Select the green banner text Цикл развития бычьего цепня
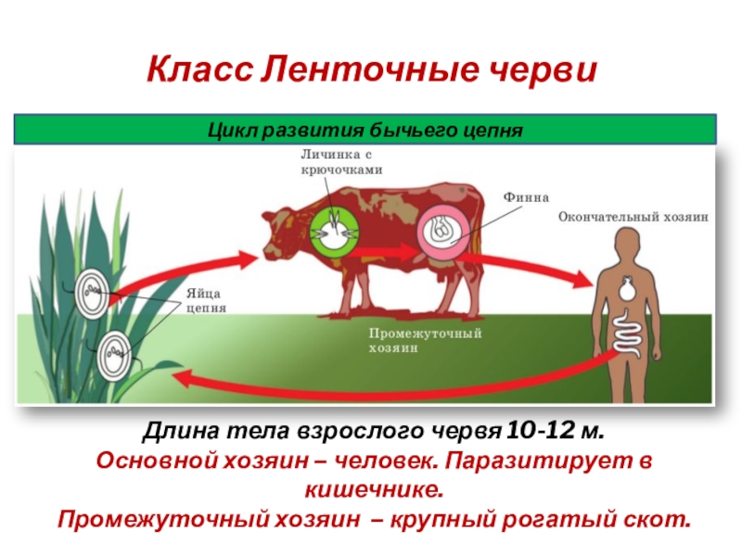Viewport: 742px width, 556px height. (365, 129)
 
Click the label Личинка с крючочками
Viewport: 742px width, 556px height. (340, 161)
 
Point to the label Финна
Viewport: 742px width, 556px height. (526, 196)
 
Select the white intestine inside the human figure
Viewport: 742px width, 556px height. (627, 331)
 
